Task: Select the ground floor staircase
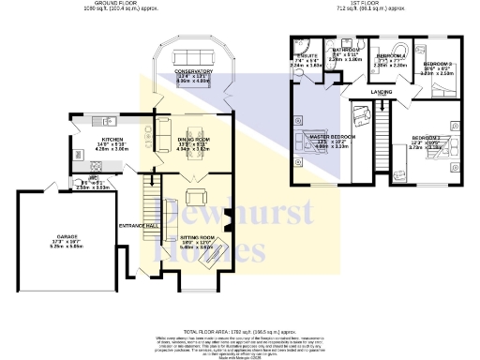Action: point(148,202)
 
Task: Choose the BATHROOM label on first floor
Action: point(347,50)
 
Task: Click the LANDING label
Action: point(382,92)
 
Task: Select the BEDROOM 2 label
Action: point(425,138)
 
